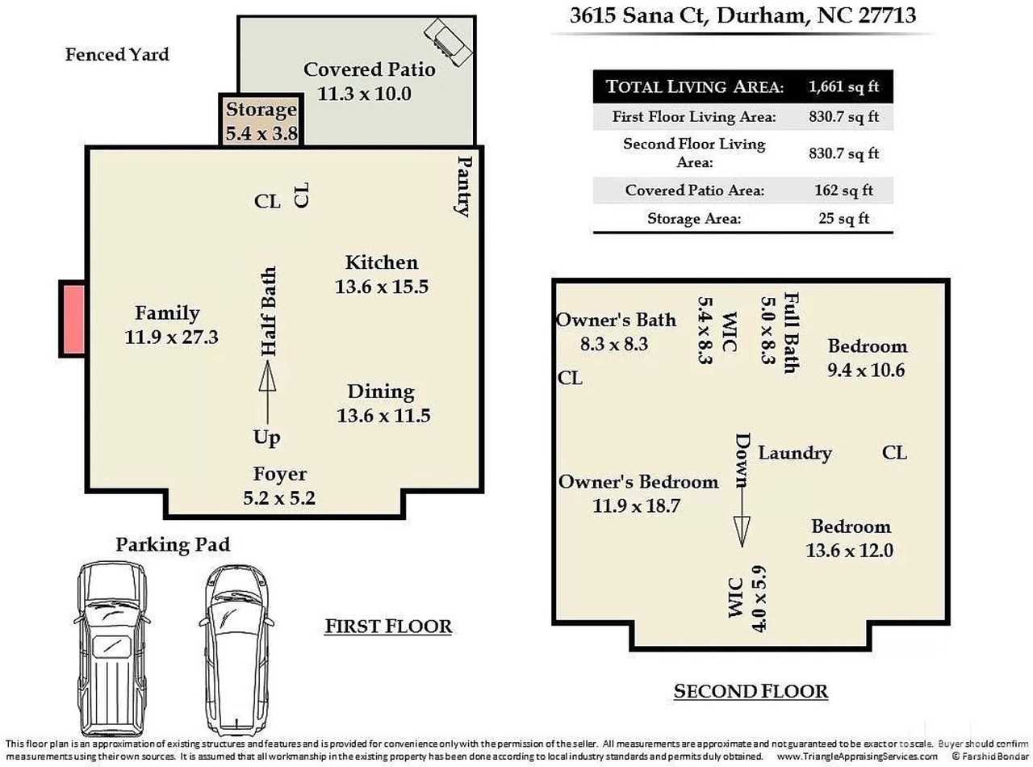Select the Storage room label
(261, 110)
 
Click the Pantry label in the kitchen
(463, 187)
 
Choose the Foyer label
(279, 474)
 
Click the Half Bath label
(269, 311)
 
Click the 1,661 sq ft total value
(843, 86)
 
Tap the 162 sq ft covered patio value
(843, 191)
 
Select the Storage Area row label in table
(694, 218)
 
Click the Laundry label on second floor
(794, 453)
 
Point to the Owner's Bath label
(616, 320)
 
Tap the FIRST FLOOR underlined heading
(387, 626)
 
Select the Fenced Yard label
(117, 55)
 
